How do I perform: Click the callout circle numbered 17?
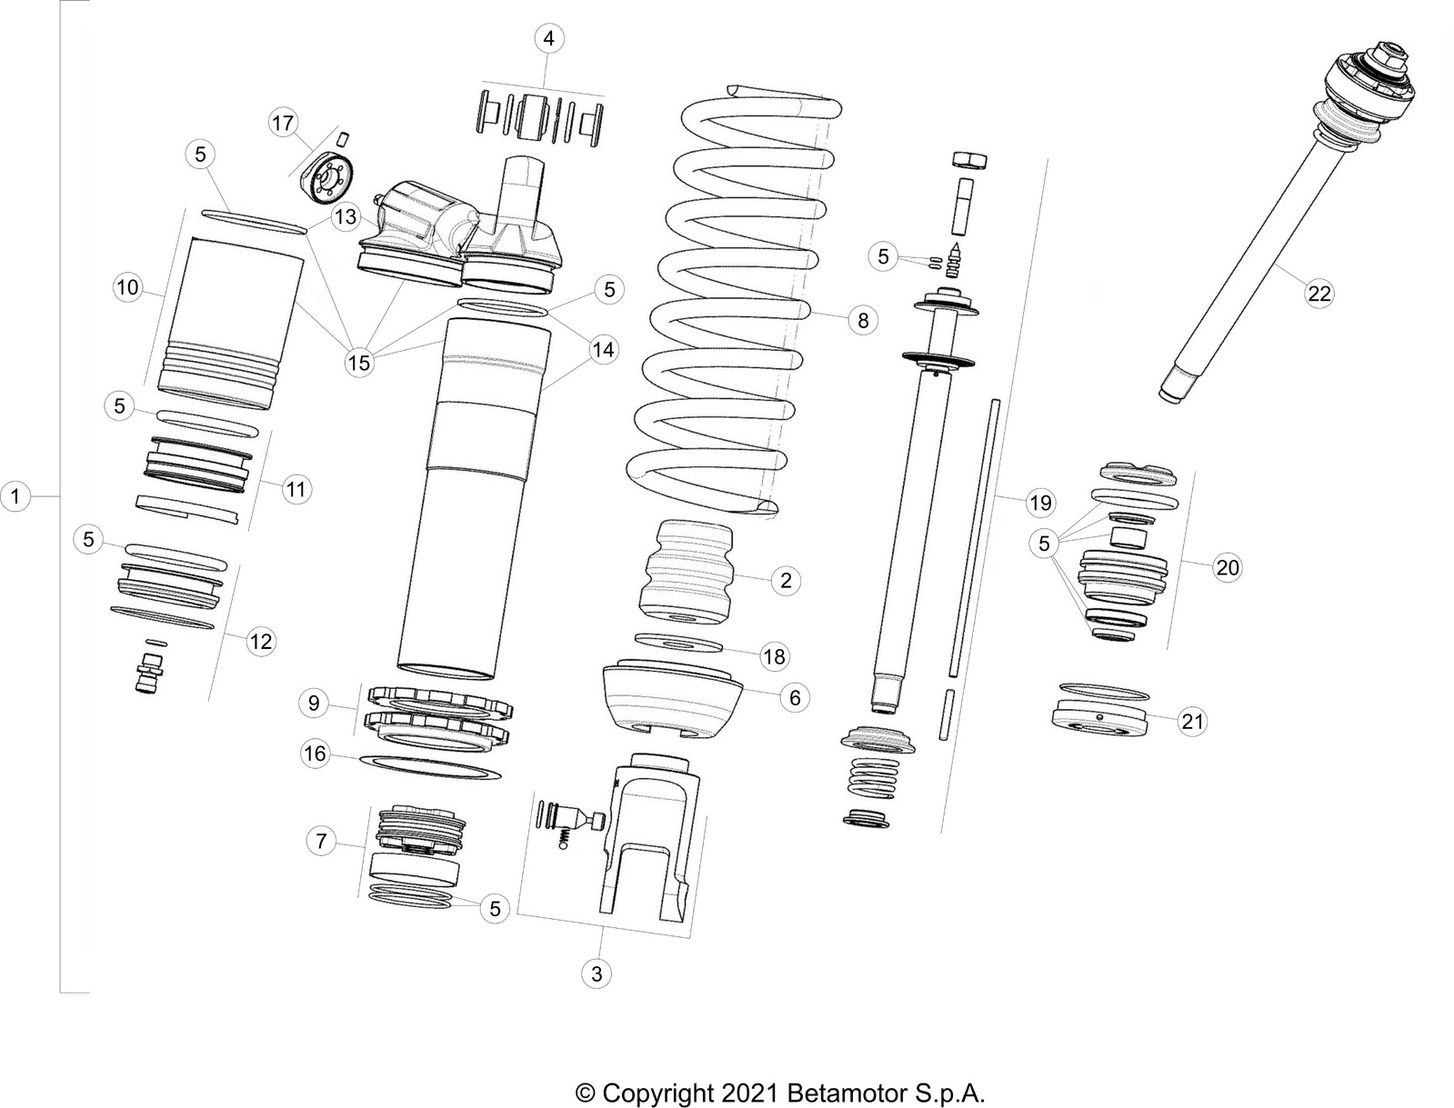pyautogui.click(x=283, y=122)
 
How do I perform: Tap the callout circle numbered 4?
pyautogui.click(x=547, y=39)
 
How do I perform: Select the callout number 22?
pyautogui.click(x=1319, y=293)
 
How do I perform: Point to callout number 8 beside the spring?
pyautogui.click(x=862, y=319)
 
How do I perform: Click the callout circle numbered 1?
pyautogui.click(x=15, y=496)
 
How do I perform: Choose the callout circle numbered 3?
pyautogui.click(x=597, y=974)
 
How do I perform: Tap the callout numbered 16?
pyautogui.click(x=315, y=754)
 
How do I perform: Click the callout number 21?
pyautogui.click(x=1191, y=722)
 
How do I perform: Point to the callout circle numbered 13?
pyautogui.click(x=346, y=216)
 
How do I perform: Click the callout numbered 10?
pyautogui.click(x=127, y=288)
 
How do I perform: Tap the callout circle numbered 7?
pyautogui.click(x=320, y=842)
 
